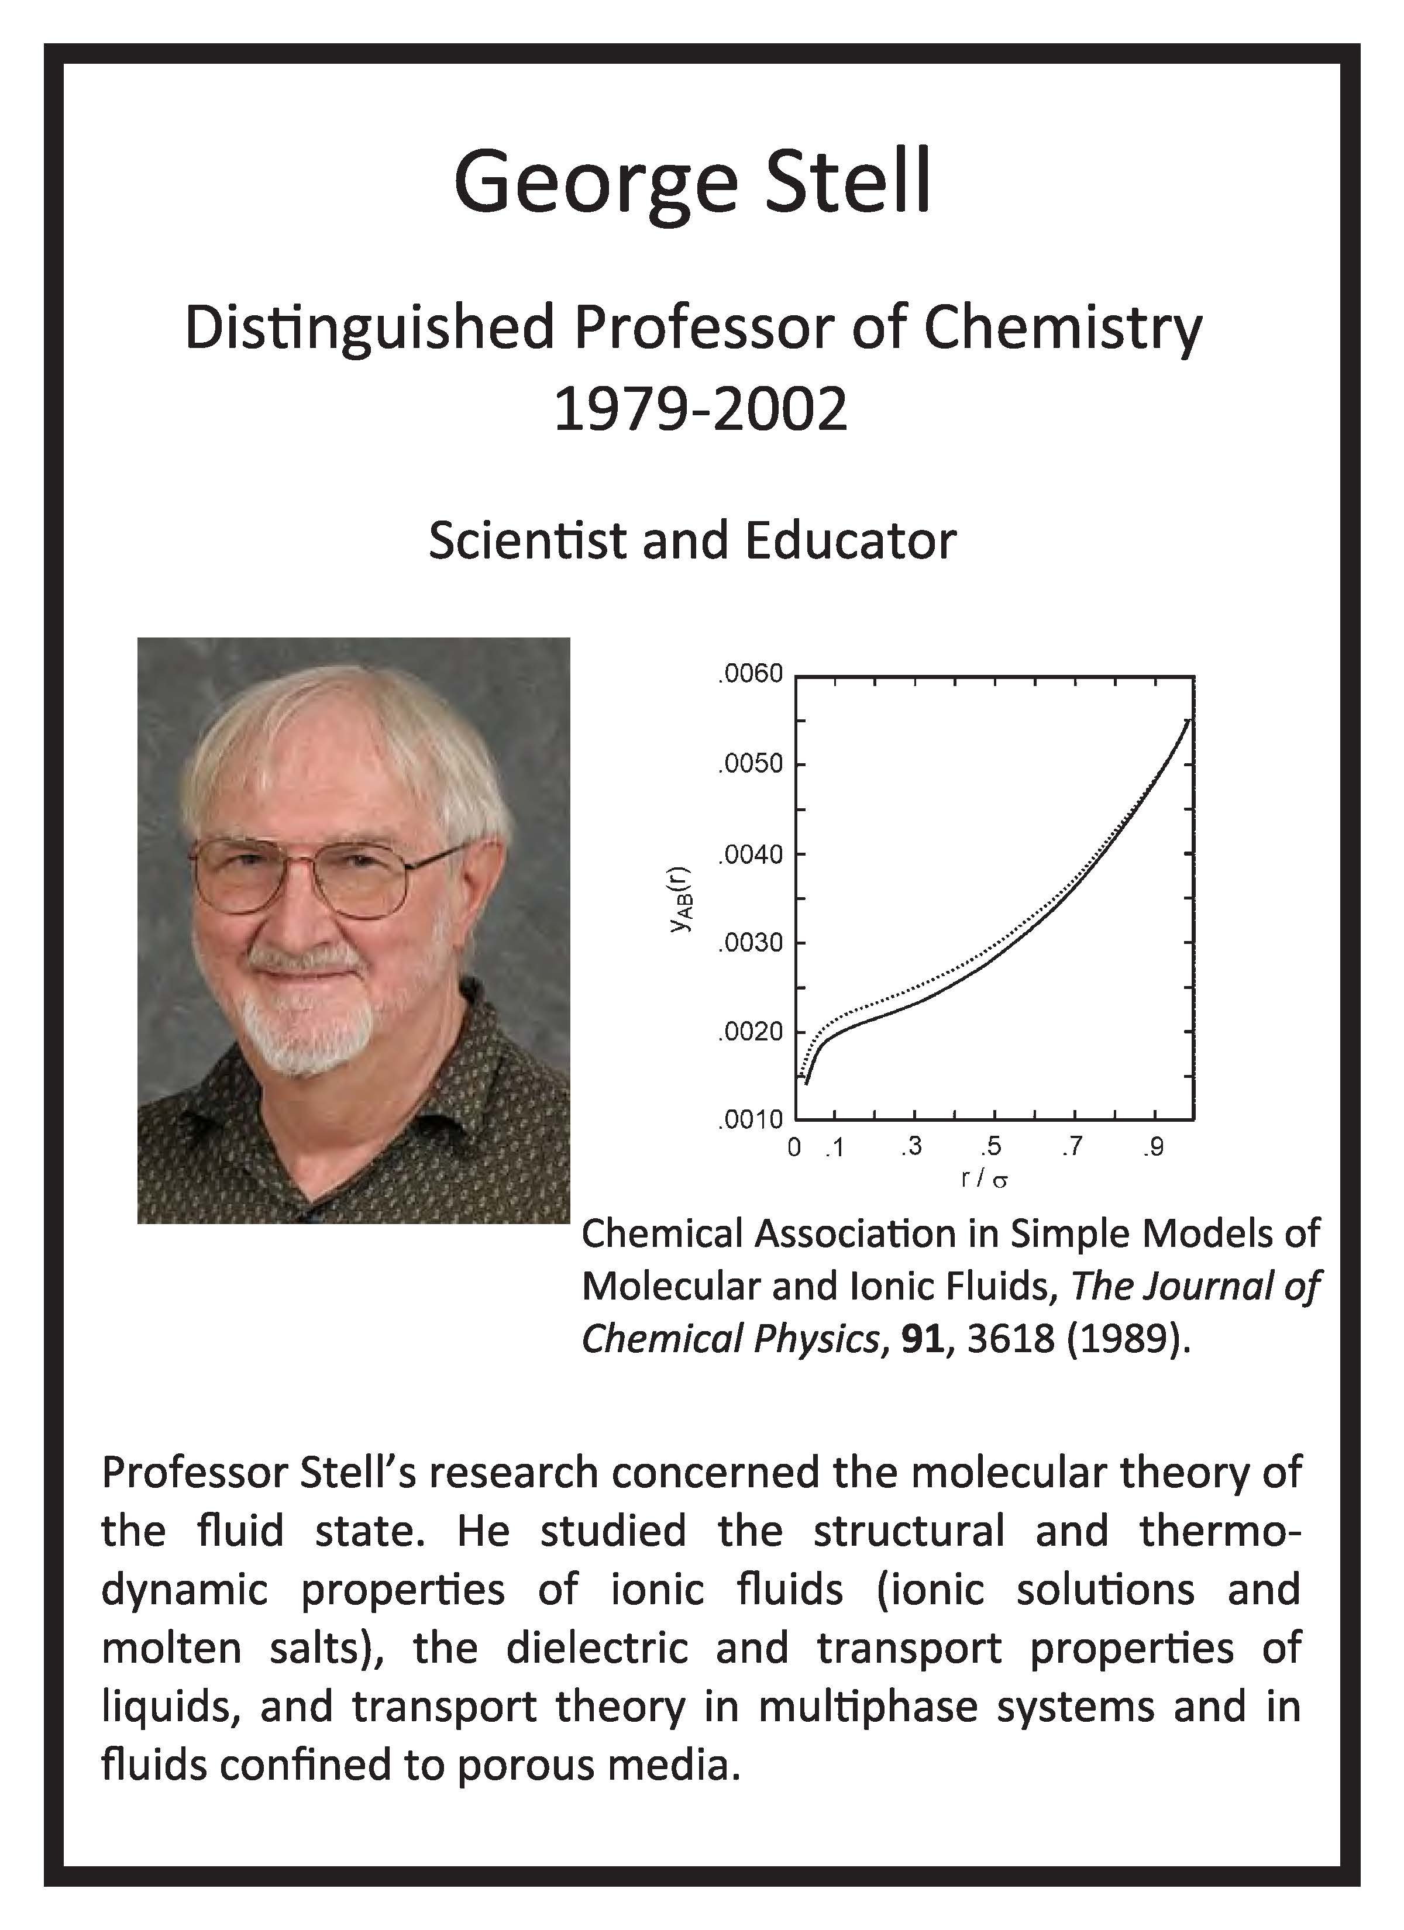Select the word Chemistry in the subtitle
click(1064, 329)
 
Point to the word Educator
click(851, 540)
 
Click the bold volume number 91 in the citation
click(923, 1339)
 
